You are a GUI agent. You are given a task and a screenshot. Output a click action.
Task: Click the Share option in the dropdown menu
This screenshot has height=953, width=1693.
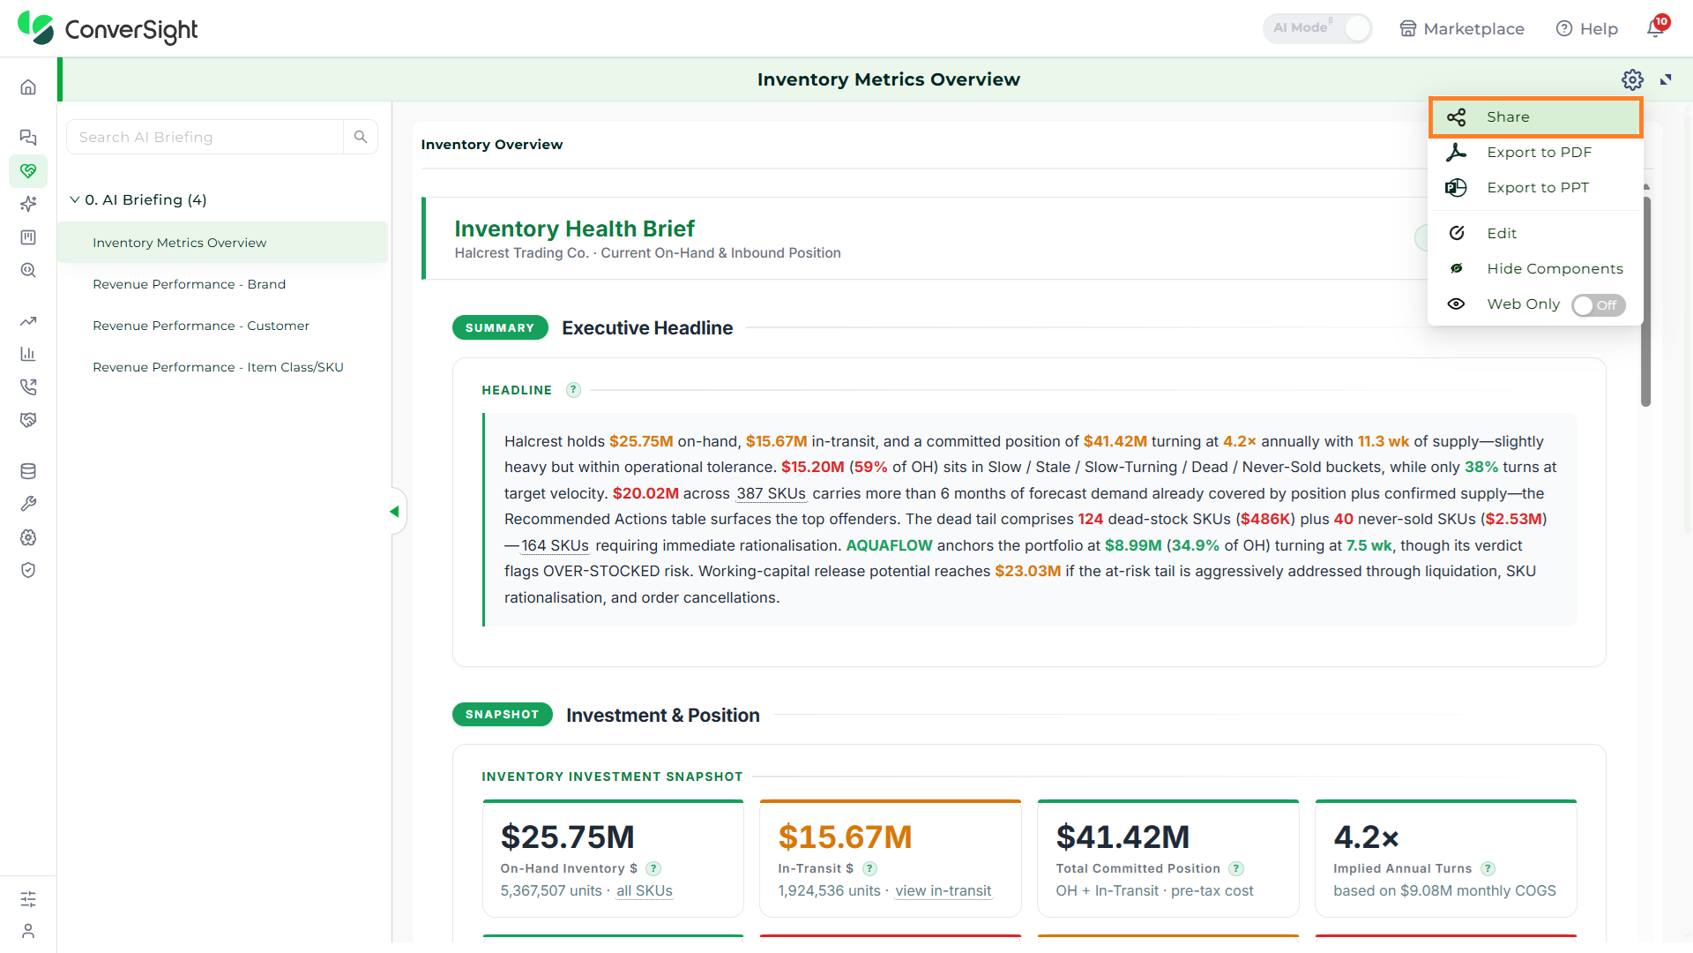[x=1535, y=117]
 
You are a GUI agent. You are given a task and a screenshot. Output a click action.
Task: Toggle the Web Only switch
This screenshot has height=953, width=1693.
[x=1598, y=305]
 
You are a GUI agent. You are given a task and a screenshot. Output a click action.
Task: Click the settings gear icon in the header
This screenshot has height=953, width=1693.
[x=1632, y=80]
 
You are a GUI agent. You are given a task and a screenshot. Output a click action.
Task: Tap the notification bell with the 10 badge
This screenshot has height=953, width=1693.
[x=1656, y=28]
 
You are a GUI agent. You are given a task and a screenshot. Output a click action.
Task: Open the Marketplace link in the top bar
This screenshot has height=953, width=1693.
[x=1462, y=29]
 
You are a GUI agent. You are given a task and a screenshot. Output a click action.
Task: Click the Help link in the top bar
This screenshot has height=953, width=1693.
[x=1587, y=29]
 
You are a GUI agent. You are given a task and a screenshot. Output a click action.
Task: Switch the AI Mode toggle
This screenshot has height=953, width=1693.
[x=1317, y=28]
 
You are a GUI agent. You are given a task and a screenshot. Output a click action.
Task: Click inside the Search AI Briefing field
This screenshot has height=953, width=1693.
[x=205, y=138]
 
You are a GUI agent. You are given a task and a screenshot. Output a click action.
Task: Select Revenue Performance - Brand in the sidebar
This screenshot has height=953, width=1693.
[x=189, y=284]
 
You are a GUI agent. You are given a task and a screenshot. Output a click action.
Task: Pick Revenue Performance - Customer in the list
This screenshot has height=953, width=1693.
[x=201, y=326]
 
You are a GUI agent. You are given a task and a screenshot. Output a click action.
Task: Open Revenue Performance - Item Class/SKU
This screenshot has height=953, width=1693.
[x=218, y=367]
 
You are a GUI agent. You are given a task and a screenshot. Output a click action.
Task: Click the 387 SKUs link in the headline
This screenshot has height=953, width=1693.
[x=772, y=493]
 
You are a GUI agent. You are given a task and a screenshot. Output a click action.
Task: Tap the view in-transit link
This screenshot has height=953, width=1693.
[x=943, y=891]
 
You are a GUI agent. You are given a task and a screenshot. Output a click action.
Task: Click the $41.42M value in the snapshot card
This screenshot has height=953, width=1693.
[x=1122, y=837]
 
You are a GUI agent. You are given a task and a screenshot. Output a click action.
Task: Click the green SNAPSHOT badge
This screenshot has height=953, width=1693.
[x=502, y=715]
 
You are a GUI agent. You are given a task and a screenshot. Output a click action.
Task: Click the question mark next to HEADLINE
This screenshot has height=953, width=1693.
[x=573, y=390]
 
